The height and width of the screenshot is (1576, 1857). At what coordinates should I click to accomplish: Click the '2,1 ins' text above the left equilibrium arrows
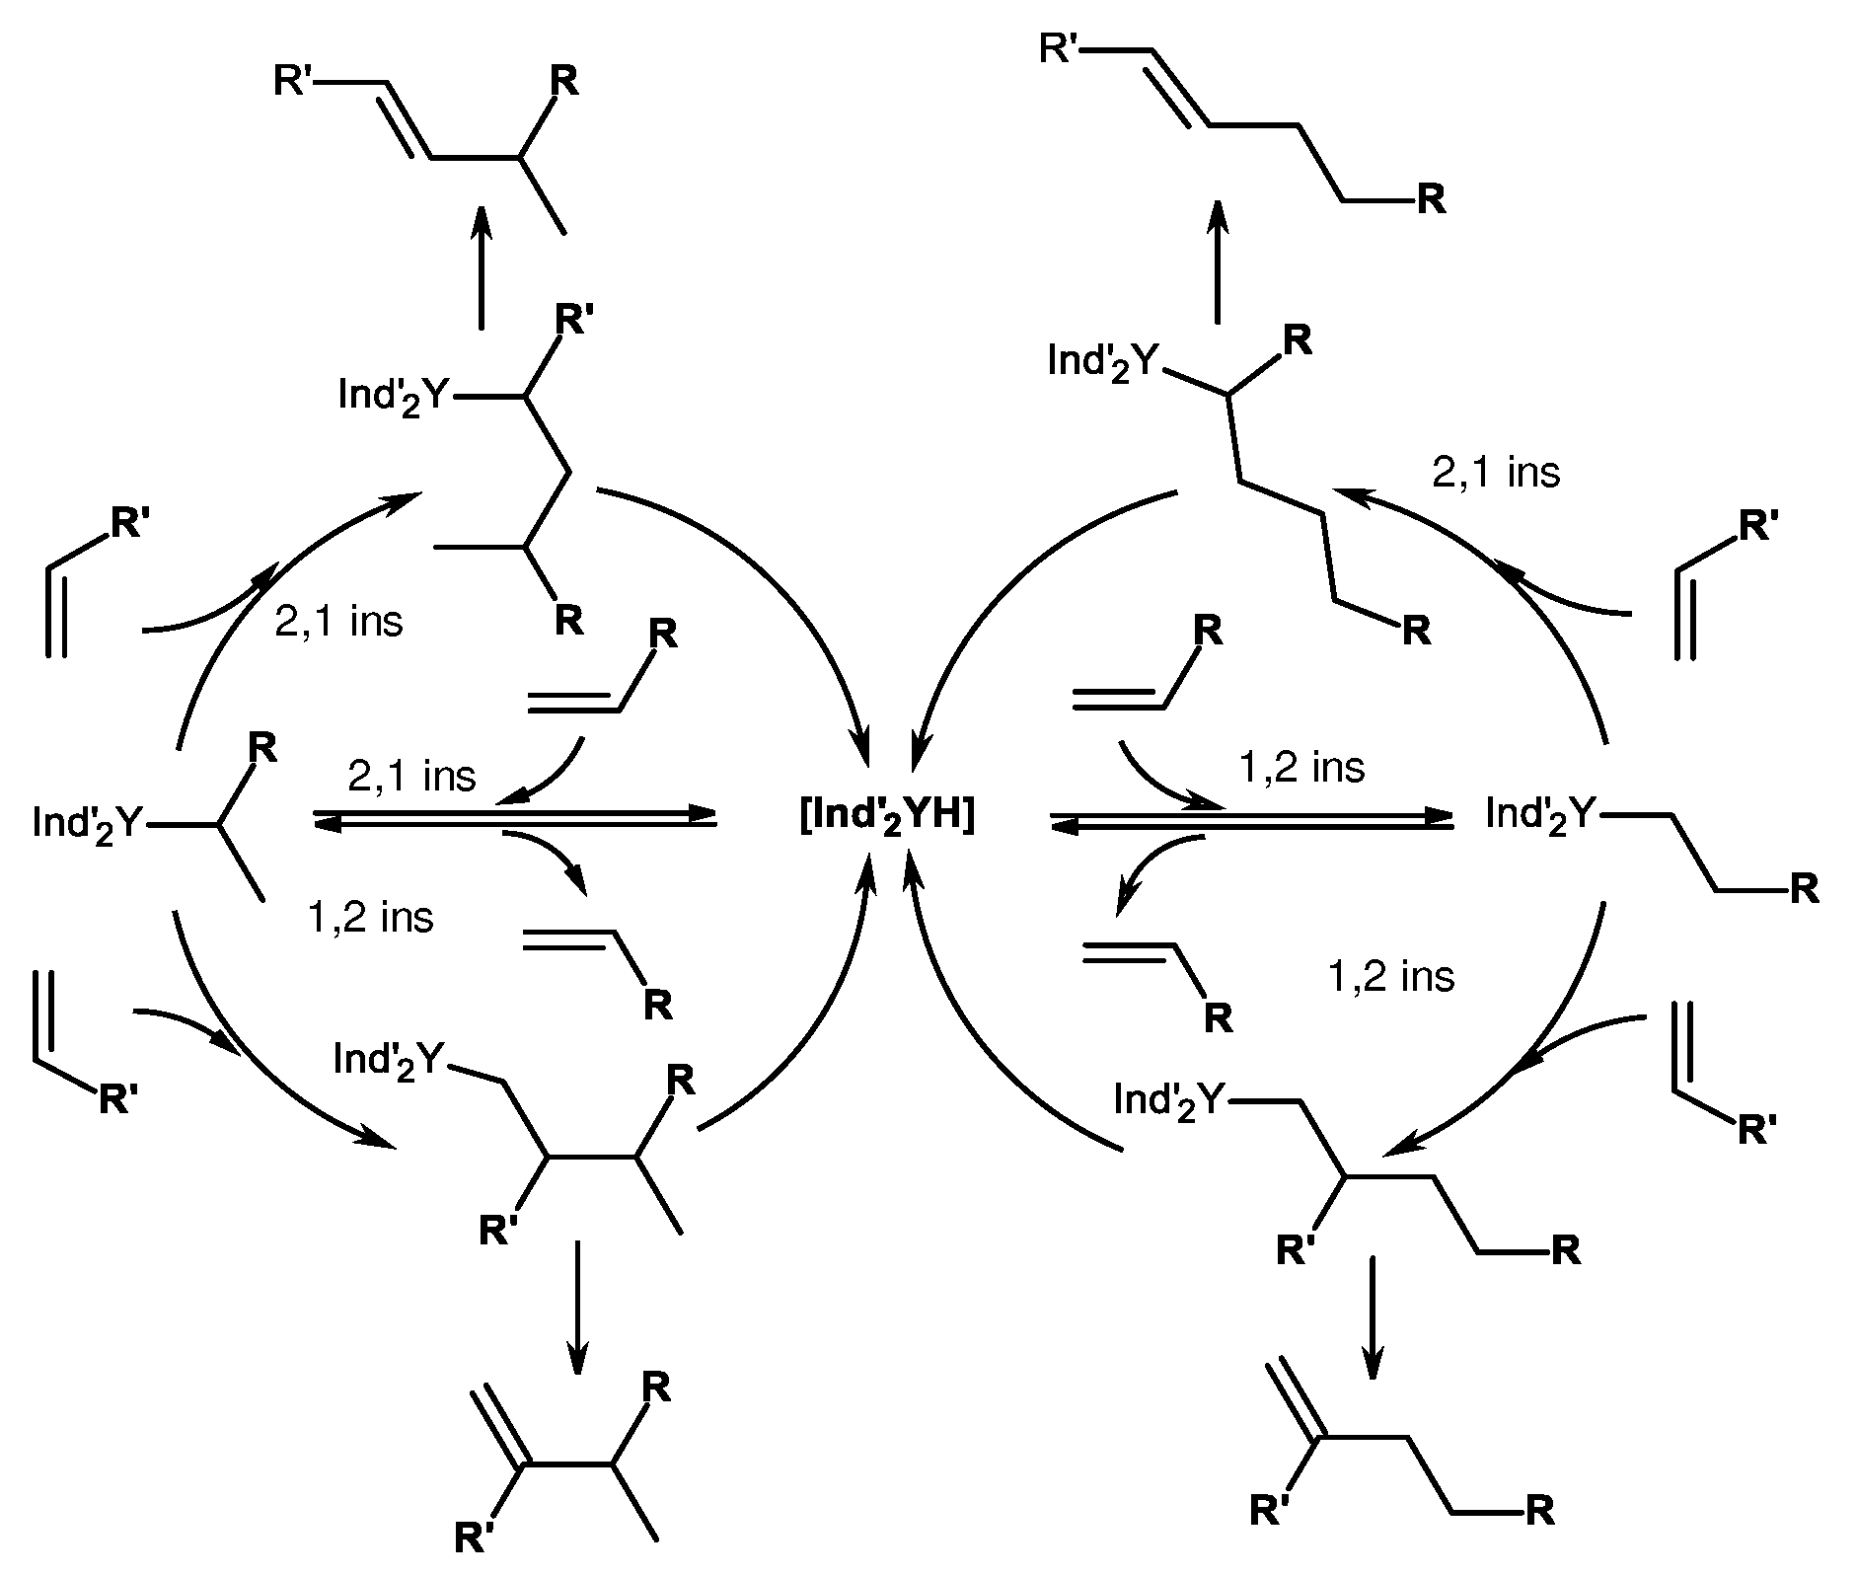(x=411, y=776)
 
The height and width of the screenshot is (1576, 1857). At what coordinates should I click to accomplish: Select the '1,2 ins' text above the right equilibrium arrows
(x=1301, y=767)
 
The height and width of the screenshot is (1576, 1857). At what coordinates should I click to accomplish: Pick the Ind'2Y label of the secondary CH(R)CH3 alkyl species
(x=88, y=822)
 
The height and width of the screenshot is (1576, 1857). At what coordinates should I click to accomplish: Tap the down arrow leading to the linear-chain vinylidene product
(x=1372, y=1316)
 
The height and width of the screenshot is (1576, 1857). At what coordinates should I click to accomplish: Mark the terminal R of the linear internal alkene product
(x=1431, y=200)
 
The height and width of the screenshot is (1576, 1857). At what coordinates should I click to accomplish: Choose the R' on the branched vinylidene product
(x=474, y=1538)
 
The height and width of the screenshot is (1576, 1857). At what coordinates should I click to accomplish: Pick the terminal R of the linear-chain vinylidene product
(x=1539, y=1511)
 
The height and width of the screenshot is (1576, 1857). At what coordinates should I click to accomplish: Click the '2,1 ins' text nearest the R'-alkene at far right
(x=1496, y=473)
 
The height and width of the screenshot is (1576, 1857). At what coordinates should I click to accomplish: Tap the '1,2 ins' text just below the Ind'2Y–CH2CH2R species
(x=1391, y=976)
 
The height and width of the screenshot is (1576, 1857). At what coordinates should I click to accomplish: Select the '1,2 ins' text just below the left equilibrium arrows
(x=370, y=918)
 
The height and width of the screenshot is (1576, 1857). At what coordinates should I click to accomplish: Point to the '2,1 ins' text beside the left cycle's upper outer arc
(x=338, y=622)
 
